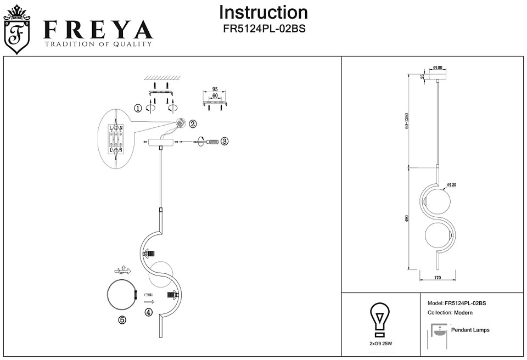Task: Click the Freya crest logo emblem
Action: point(16,31)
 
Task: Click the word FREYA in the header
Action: point(98,30)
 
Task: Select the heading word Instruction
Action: point(263,13)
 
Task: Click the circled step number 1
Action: point(138,108)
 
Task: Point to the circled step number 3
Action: point(225,141)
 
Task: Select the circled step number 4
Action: point(148,312)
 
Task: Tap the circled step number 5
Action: point(122,320)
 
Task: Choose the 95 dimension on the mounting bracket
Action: point(215,89)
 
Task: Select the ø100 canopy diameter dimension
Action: point(438,67)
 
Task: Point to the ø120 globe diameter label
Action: point(452,184)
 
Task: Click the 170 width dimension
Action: point(438,278)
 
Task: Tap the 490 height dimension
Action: point(407,218)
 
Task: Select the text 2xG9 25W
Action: point(379,343)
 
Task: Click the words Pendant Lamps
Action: point(470,330)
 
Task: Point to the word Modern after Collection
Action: point(463,313)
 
